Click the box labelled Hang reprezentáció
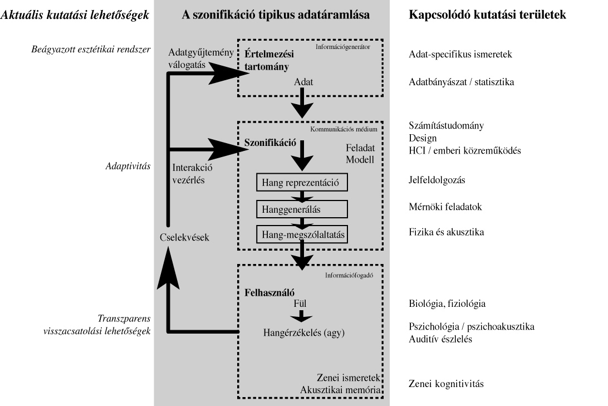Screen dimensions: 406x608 [301, 182]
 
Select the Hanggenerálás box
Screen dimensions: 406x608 [301, 208]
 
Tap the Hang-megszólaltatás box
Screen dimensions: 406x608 [301, 234]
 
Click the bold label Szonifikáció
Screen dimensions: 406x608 [270, 142]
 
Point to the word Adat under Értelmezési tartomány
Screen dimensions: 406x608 [304, 82]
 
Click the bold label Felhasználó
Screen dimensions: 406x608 [269, 292]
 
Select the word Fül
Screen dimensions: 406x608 [300, 304]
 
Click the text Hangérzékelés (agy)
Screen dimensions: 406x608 [305, 332]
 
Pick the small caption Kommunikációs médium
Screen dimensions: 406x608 [344, 129]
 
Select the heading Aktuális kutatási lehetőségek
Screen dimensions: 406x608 [76, 16]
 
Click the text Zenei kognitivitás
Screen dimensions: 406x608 [446, 384]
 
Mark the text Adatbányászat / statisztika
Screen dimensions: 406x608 [462, 82]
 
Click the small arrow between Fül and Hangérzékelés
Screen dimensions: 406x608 [301, 316]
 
